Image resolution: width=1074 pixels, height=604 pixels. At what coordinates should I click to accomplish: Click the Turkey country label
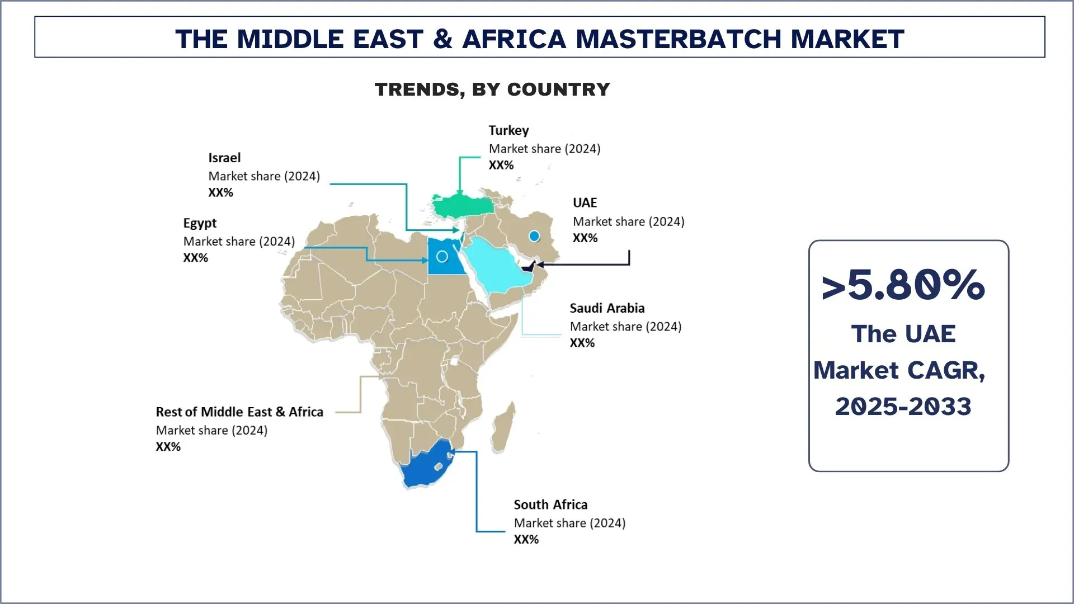click(x=508, y=130)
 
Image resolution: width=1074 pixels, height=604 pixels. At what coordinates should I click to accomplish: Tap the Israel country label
click(x=224, y=158)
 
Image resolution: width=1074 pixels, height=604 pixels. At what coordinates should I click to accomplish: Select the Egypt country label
click(x=200, y=223)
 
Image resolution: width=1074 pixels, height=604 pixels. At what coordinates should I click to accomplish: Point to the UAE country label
click(x=585, y=202)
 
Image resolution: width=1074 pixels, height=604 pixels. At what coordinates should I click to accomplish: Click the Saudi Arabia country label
click(x=607, y=308)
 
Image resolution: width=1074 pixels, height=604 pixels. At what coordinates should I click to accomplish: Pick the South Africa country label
click(x=550, y=504)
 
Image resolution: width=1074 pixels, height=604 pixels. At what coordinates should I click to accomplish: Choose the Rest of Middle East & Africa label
click(x=239, y=412)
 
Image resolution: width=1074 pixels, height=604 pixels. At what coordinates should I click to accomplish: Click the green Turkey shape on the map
click(x=462, y=206)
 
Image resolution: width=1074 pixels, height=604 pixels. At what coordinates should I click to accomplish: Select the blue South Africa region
click(x=425, y=467)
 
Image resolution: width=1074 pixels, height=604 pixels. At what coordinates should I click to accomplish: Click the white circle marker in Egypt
click(x=442, y=257)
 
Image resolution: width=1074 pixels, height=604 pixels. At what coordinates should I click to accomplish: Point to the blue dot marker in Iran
click(x=534, y=236)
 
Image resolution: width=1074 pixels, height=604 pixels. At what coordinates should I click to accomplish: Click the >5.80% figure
click(x=903, y=285)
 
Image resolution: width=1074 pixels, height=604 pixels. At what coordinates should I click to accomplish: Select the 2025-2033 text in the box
click(x=903, y=406)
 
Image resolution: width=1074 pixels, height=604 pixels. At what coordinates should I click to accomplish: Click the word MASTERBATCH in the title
click(x=678, y=39)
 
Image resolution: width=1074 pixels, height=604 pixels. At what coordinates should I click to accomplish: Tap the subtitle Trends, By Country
click(x=492, y=89)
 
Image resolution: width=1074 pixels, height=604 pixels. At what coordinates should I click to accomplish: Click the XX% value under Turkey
click(x=501, y=165)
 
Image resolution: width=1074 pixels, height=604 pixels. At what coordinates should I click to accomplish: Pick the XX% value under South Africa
click(x=526, y=539)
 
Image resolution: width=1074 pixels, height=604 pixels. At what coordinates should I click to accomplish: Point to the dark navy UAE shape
click(x=529, y=267)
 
